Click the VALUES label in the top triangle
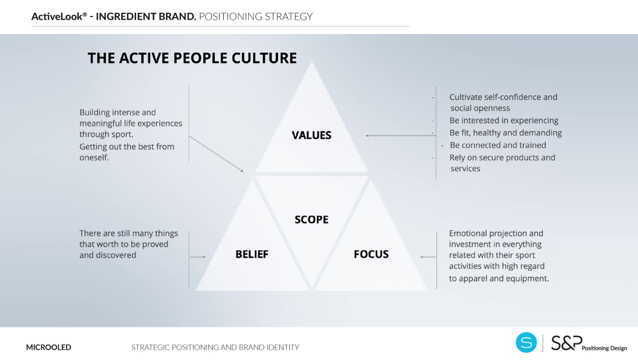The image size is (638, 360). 312,135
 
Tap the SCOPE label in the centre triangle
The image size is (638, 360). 312,220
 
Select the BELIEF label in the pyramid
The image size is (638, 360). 252,254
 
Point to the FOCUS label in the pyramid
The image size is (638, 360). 371,254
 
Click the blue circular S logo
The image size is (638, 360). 526,342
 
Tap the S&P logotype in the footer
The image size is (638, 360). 567,342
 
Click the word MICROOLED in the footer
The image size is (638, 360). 48,347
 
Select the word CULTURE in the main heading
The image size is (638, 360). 264,58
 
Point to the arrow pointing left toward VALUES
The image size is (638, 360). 401,136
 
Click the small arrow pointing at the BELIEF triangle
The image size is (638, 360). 198,257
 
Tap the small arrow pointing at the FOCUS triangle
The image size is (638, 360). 428,257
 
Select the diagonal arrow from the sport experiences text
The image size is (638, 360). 216,154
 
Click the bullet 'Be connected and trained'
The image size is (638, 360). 498,145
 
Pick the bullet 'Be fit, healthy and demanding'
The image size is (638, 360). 506,133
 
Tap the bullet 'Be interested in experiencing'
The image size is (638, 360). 504,121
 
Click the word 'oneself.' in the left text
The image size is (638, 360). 94,157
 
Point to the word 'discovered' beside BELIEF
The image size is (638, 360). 116,255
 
